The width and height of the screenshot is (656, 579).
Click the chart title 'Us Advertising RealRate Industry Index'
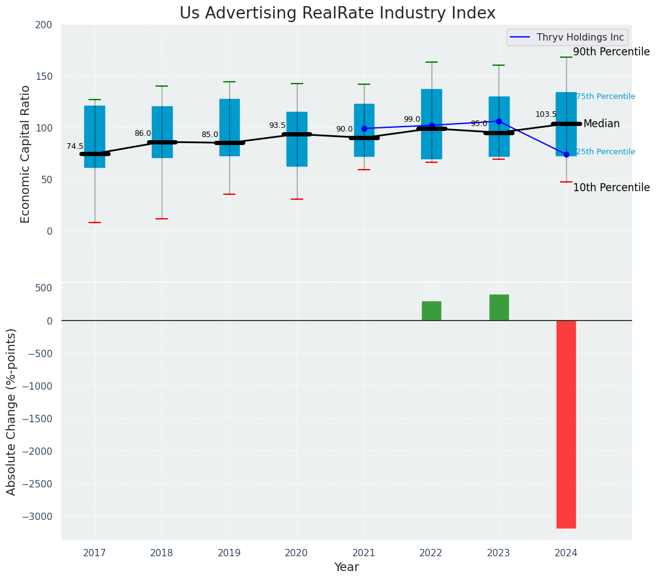click(x=337, y=14)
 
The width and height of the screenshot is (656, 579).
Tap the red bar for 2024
click(x=566, y=424)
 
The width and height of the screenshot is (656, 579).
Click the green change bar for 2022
click(x=431, y=311)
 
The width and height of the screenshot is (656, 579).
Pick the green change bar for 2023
click(x=499, y=307)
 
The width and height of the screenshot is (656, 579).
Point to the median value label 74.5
click(x=75, y=146)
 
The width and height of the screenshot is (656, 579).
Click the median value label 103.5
click(x=545, y=114)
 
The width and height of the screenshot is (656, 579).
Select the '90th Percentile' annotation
click(x=611, y=52)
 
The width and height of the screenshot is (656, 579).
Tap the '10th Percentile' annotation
click(x=611, y=187)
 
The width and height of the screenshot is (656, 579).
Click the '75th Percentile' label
click(x=606, y=96)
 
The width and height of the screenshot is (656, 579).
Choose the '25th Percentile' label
click(x=606, y=152)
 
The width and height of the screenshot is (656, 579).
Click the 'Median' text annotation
click(x=601, y=124)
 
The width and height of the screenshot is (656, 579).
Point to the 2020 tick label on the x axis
click(x=297, y=553)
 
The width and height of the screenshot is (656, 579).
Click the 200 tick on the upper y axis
click(x=48, y=25)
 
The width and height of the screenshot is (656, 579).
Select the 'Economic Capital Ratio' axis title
click(x=26, y=154)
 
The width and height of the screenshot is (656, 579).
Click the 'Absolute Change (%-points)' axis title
click(x=12, y=411)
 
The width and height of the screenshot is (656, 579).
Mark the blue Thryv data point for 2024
click(x=566, y=154)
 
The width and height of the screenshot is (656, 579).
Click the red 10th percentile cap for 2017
click(x=95, y=223)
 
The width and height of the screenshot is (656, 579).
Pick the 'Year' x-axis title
click(x=346, y=567)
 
